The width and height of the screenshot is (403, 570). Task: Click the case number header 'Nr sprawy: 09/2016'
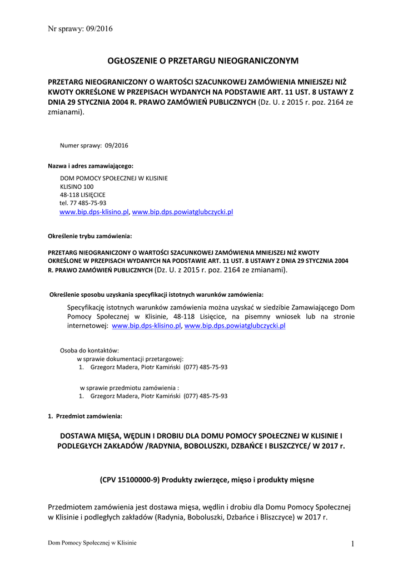pos(80,29)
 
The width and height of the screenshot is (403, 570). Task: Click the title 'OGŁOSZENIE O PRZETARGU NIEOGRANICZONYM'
pos(203,60)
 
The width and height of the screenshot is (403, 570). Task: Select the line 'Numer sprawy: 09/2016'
pos(94,145)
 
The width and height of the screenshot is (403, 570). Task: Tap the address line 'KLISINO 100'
pos(77,186)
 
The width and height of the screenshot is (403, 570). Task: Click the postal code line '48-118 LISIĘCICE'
pos(83,195)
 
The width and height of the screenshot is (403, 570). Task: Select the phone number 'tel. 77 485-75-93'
pos(83,203)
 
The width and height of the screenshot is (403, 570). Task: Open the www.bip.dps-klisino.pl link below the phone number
pos(94,212)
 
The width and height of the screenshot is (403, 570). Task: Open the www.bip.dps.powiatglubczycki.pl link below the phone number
pos(182,212)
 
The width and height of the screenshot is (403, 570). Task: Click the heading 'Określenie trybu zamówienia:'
pos(90,236)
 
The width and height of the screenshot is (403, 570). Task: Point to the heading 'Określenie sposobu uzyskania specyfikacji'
pos(157,294)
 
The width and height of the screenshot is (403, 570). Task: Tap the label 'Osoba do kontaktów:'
pos(89,350)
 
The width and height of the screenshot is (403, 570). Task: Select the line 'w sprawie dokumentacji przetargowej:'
pos(130,359)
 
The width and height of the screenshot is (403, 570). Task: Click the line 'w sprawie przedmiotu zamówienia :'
pos(130,387)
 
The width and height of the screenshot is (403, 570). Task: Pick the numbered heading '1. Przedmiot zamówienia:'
pos(85,416)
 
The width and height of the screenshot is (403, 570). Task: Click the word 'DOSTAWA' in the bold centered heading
pos(80,436)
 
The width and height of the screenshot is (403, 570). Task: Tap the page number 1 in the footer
pos(352,544)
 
